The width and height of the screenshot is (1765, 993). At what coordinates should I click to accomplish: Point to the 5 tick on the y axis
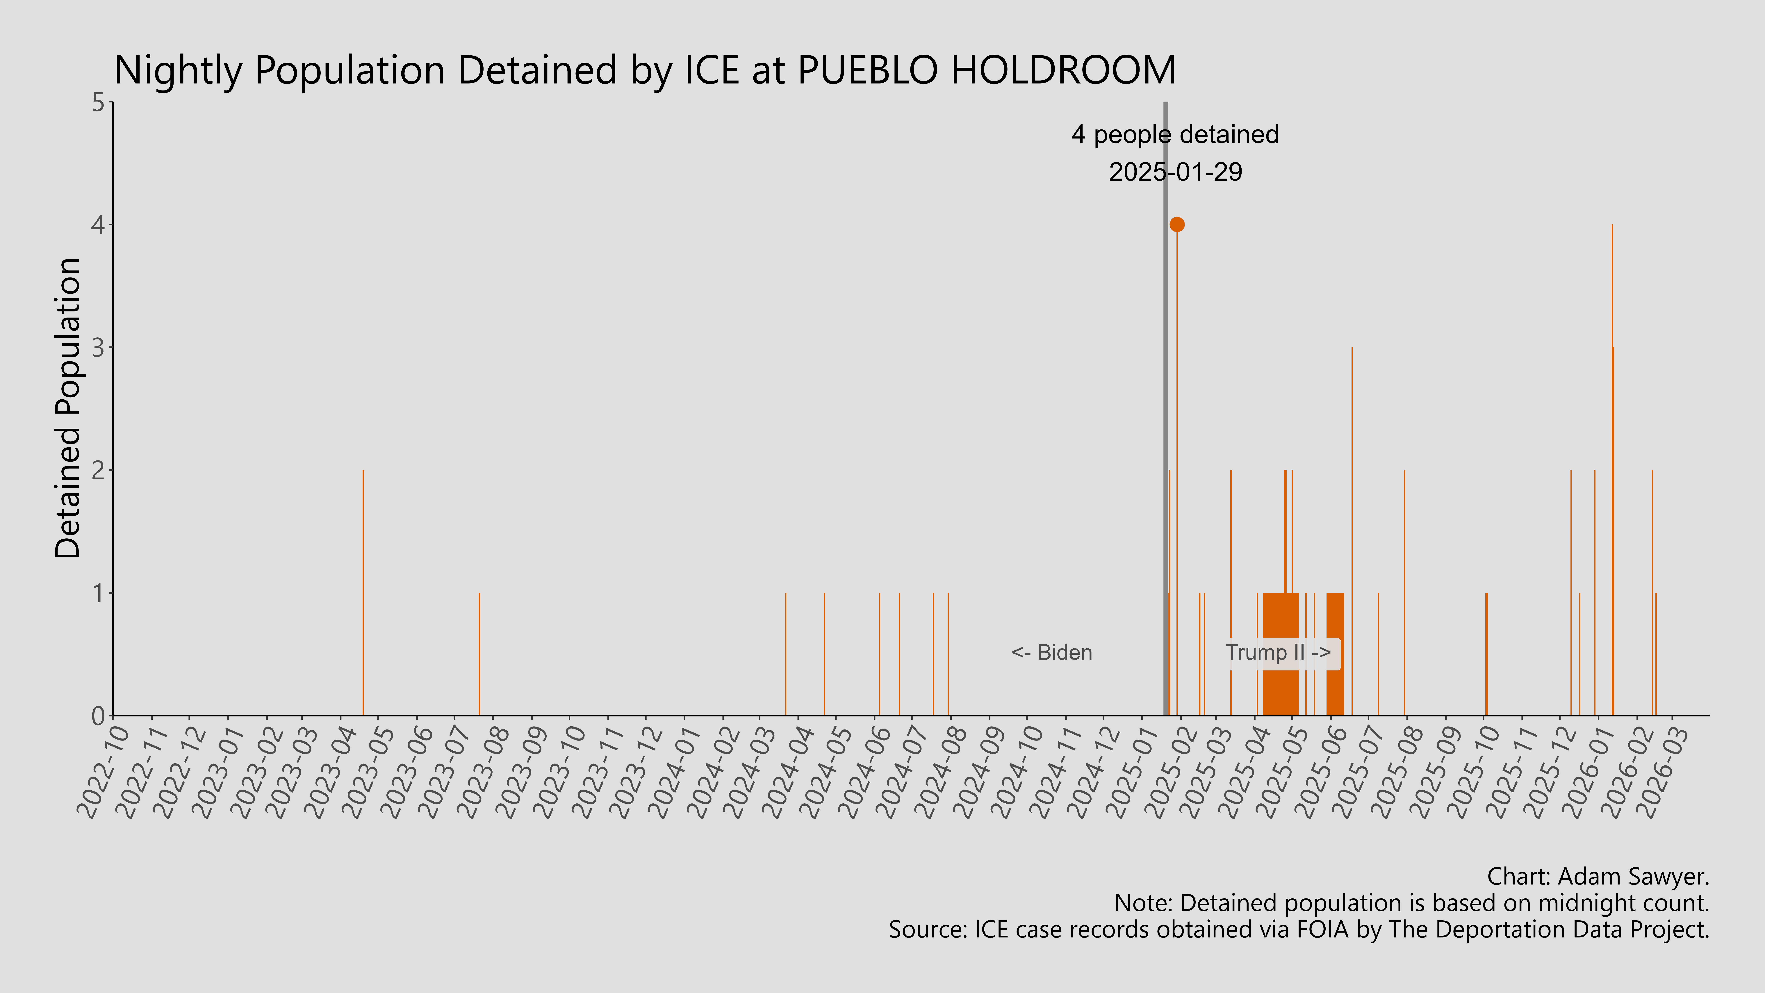[x=99, y=103]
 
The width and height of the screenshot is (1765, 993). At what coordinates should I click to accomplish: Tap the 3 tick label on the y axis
[x=99, y=347]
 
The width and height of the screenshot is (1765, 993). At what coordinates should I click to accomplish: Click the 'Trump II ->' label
[x=1278, y=652]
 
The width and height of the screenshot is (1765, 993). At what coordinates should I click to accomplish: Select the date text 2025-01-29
[x=1175, y=171]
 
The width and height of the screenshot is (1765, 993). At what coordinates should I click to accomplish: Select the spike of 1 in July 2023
[x=479, y=651]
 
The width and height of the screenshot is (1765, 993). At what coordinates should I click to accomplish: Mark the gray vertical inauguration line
[x=1165, y=411]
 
